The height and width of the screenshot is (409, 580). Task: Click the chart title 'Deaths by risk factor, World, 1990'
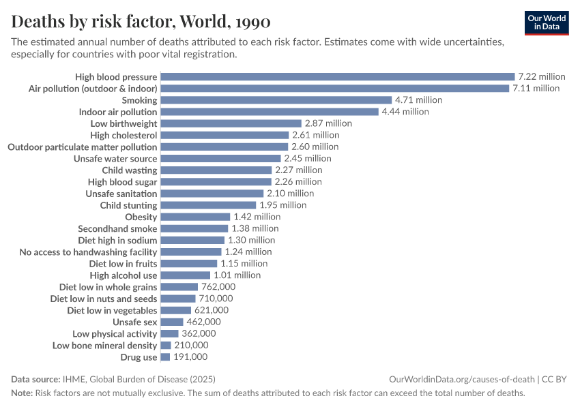click(141, 22)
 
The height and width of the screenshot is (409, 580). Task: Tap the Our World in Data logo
click(547, 22)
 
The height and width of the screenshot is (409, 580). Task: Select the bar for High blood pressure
click(337, 77)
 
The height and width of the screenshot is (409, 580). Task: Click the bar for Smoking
click(276, 100)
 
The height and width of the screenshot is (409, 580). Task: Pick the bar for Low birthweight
click(231, 123)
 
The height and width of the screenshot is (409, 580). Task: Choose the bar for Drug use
click(164, 357)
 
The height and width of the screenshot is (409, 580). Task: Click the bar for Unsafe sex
click(172, 322)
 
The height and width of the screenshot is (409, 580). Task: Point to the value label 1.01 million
click(237, 275)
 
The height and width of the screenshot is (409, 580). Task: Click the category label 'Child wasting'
click(130, 170)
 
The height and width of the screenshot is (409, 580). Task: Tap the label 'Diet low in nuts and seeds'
click(104, 299)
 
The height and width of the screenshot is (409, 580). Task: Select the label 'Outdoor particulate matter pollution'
click(82, 147)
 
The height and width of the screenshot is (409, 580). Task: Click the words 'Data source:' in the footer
click(35, 379)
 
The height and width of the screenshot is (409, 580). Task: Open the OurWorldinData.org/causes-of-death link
click(461, 379)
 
